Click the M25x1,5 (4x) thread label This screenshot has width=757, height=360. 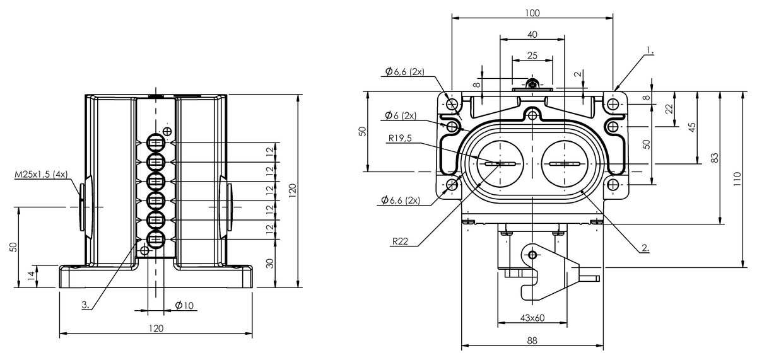pos(41,174)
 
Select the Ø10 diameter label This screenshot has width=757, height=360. pos(184,305)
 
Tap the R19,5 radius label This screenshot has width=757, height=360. pos(400,138)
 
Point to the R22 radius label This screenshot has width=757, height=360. pos(400,241)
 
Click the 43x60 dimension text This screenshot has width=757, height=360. pos(532,318)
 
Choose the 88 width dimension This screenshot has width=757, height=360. pos(532,340)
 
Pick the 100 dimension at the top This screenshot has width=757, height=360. pos(532,13)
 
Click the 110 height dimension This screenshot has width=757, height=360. pos(737,179)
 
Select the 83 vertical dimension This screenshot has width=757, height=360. pos(714,158)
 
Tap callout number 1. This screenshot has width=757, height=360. pos(650,50)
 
